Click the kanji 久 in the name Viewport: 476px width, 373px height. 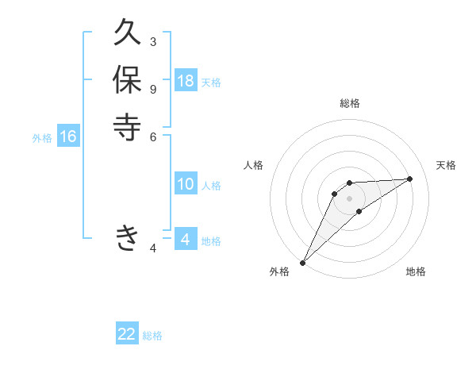coord(127,34)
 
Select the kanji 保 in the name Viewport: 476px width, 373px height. coord(127,81)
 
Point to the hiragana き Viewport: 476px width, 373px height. coord(127,237)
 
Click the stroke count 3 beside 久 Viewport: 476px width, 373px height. coord(152,41)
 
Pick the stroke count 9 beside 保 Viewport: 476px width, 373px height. coord(152,88)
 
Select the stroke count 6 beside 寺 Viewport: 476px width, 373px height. coord(152,137)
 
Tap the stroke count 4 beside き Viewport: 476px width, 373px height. coord(152,248)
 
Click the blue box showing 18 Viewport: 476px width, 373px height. coord(186,81)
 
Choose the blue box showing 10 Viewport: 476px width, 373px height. coord(186,184)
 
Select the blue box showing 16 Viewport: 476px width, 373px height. coord(68,137)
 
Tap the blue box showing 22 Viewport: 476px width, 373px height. coord(127,334)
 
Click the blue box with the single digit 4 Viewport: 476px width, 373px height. coord(186,240)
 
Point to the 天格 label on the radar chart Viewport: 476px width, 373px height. coord(447,165)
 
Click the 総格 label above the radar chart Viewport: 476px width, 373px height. coord(349,103)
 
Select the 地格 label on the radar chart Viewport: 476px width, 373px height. coord(416,271)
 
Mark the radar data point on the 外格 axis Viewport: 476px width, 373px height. coord(302,262)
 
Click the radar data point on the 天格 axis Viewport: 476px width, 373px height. coord(410,179)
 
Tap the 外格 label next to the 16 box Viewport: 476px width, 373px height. coord(42,138)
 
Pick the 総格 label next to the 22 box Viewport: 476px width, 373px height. coord(152,336)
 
